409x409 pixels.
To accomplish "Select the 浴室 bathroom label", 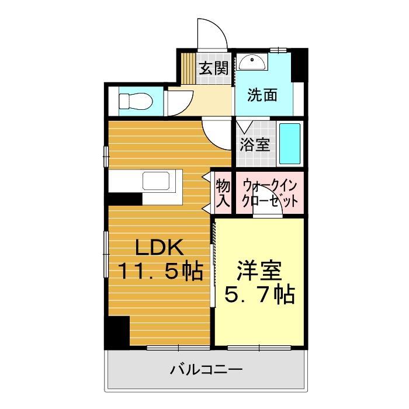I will [x=255, y=144].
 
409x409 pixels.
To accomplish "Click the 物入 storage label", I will [x=223, y=193].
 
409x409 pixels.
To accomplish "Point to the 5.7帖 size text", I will [x=259, y=294].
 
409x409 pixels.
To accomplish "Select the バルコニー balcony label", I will [x=206, y=370].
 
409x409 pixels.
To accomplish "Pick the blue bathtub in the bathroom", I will [x=290, y=144].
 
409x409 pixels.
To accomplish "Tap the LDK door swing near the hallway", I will [x=216, y=133].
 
